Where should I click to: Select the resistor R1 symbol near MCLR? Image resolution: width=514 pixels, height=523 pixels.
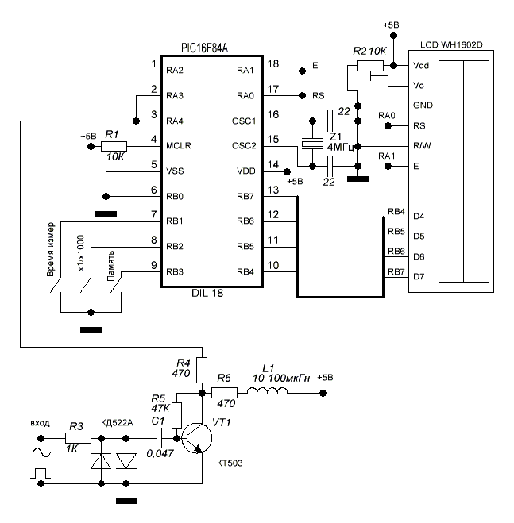pos(114,146)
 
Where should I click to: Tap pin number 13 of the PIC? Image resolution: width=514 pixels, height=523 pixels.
pos(273,190)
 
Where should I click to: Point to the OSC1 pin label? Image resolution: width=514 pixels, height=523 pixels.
pos(244,121)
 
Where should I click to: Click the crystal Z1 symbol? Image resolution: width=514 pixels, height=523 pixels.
pos(311,144)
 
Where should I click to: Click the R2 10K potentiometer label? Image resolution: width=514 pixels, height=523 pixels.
pos(369,51)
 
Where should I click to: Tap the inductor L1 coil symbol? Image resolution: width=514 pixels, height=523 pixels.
pos(275,393)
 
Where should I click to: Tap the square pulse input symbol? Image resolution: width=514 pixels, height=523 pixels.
pos(38,475)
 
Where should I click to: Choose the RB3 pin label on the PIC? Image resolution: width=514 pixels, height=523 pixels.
pos(176,271)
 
